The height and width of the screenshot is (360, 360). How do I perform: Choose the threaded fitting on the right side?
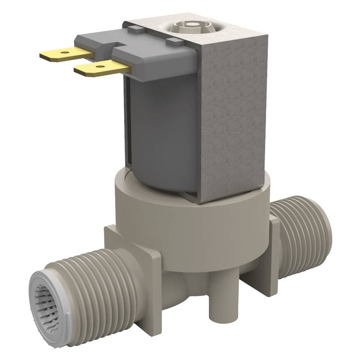[301, 238]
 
